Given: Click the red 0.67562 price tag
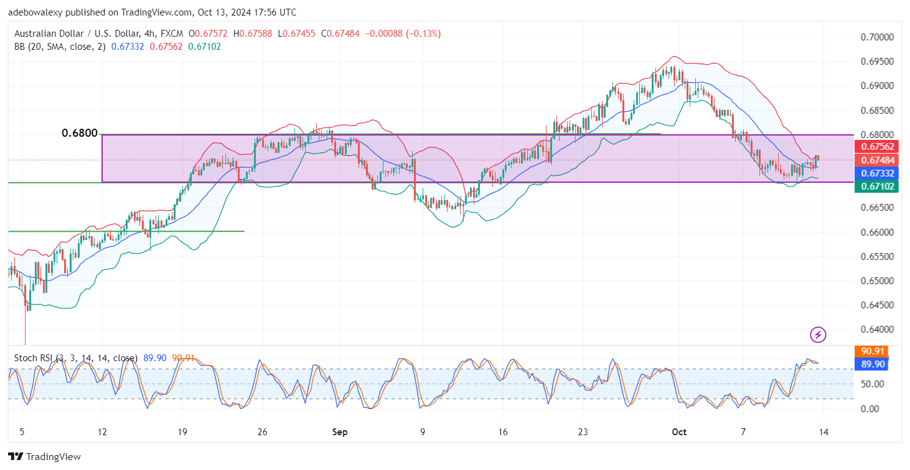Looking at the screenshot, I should [870, 147].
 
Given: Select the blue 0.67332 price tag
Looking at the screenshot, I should [870, 173].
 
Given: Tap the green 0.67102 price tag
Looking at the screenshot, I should [870, 186].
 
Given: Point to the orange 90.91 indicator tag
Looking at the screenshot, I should [870, 351].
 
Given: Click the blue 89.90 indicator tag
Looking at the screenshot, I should [870, 364].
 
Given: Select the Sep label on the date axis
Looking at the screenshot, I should [339, 431].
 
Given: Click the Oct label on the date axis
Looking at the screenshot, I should [679, 431].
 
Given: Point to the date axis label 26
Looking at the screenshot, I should [262, 431].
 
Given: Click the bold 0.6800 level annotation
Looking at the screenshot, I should [80, 133].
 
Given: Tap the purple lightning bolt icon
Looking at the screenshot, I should [818, 335].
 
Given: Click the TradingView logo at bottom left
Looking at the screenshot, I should [45, 457].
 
